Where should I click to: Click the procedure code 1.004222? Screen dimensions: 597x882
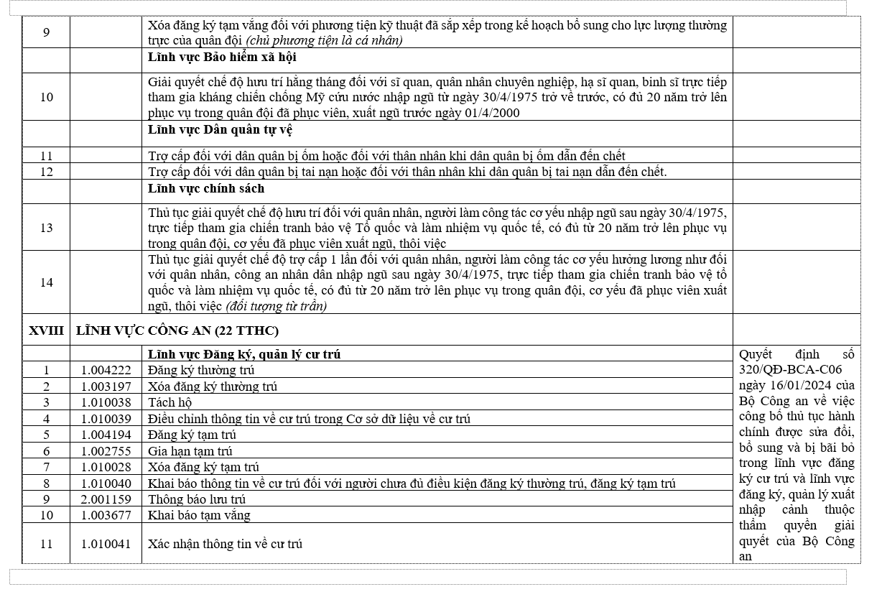pyautogui.click(x=106, y=370)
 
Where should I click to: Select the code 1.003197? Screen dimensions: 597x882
pyautogui.click(x=106, y=387)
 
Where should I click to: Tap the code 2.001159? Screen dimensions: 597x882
pyautogui.click(x=106, y=499)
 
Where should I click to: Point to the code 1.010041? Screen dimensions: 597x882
pyautogui.click(x=106, y=544)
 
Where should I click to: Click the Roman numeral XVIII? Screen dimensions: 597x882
pyautogui.click(x=46, y=330)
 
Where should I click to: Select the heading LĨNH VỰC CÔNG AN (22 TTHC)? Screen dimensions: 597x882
pyautogui.click(x=177, y=330)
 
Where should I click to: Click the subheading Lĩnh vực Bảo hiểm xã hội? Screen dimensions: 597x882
pyautogui.click(x=222, y=57)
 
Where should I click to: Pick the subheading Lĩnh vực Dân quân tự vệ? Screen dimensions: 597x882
pyautogui.click(x=220, y=130)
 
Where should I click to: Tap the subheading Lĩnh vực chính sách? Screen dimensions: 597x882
pyautogui.click(x=206, y=188)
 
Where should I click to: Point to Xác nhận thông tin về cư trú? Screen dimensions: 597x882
pyautogui.click(x=225, y=544)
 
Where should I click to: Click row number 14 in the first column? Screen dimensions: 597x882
pyautogui.click(x=46, y=282)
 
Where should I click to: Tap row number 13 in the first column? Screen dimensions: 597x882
pyautogui.click(x=46, y=228)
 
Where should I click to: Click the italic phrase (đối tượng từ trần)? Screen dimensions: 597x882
pyautogui.click(x=276, y=307)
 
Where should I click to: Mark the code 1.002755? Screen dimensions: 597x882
pyautogui.click(x=106, y=451)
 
